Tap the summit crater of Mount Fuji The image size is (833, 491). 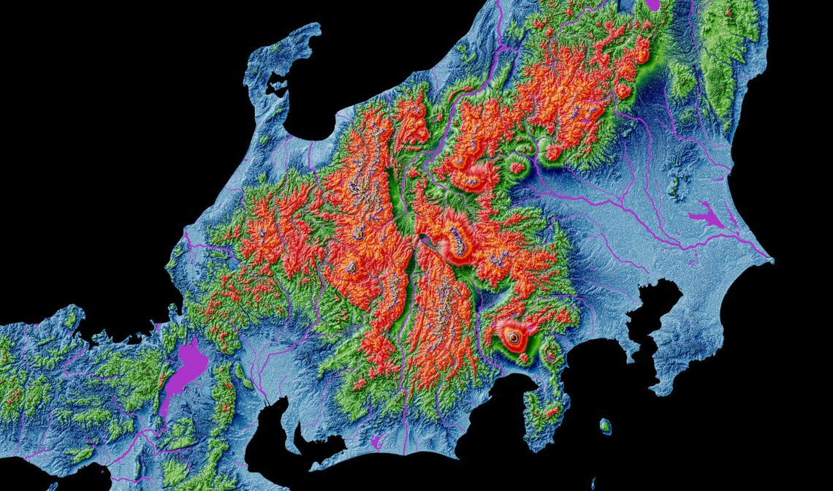pyautogui.click(x=513, y=338)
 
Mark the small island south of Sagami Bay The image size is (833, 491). pyautogui.click(x=605, y=425)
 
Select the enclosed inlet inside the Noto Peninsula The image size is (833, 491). pyautogui.click(x=277, y=87)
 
